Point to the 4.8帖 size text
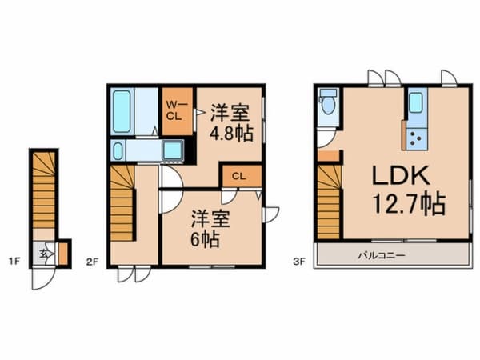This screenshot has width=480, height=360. click(x=231, y=133)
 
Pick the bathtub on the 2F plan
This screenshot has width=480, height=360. click(x=122, y=110)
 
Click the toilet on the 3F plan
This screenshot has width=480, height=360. click(x=326, y=104)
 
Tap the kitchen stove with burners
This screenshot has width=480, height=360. click(x=417, y=138)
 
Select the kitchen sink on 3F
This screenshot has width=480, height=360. click(x=416, y=102)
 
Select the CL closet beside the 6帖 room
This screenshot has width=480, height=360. click(x=238, y=176)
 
